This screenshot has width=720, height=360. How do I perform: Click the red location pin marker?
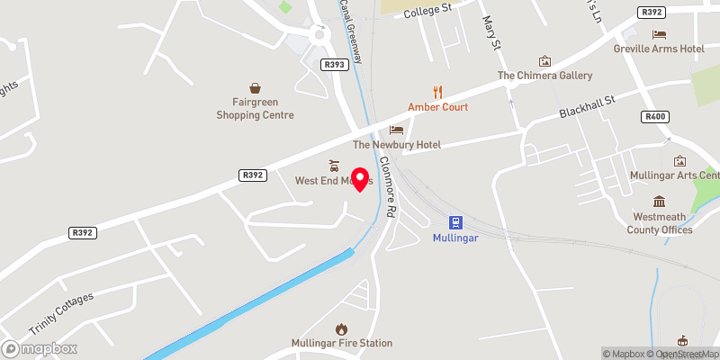(360, 178)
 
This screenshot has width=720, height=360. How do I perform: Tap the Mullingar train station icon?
(456, 221)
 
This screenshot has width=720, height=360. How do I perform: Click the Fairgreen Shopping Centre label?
(256, 108)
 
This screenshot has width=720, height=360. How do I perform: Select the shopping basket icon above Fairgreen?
(256, 88)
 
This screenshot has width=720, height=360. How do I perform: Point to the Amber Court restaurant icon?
(438, 91)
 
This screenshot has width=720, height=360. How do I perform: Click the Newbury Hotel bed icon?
(397, 130)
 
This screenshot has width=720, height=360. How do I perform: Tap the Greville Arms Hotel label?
(660, 49)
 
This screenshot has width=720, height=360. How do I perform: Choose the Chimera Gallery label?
(545, 76)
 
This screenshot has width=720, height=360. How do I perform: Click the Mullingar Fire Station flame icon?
(341, 329)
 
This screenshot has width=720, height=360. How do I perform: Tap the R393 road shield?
(334, 64)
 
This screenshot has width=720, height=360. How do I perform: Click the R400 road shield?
(655, 116)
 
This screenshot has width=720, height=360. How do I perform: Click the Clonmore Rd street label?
(387, 185)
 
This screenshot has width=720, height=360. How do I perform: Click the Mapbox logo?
(38, 348)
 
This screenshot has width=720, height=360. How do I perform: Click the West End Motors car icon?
(334, 166)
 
